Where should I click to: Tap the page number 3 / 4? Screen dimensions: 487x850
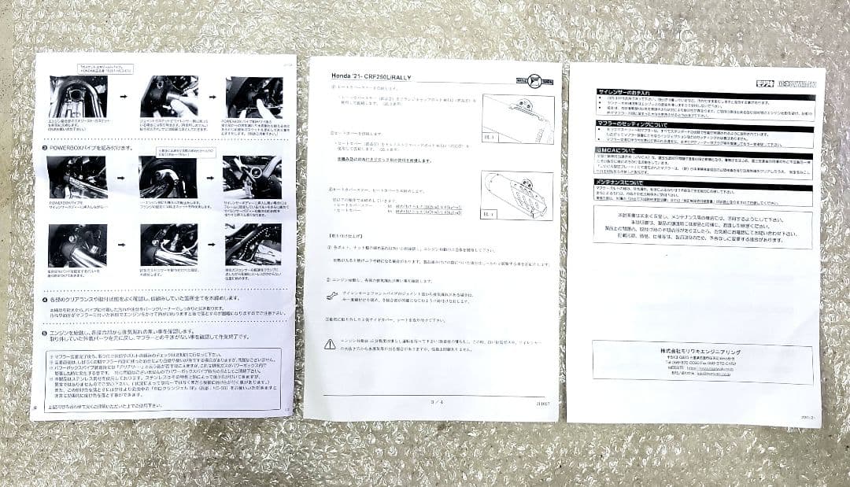[x=437, y=401]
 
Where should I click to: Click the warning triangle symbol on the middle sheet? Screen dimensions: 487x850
[x=330, y=345]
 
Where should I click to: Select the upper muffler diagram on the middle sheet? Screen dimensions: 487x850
[x=516, y=117]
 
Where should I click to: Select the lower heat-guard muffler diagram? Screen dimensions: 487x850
[x=516, y=195]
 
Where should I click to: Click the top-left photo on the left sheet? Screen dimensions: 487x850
[x=77, y=96]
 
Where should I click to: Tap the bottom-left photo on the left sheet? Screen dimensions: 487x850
[x=76, y=245]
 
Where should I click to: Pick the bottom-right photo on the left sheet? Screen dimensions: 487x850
[x=253, y=245]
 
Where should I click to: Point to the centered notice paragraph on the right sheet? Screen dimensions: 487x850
[x=703, y=229]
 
